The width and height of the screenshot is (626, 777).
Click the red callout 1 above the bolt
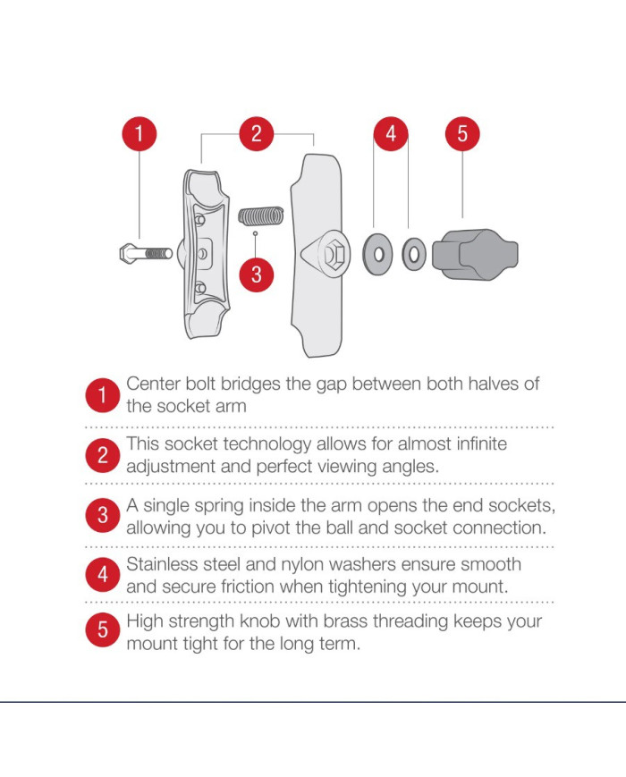(140, 134)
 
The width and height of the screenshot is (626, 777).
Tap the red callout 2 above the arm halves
(257, 134)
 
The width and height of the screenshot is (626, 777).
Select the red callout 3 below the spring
(257, 274)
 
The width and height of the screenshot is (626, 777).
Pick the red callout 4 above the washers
(391, 134)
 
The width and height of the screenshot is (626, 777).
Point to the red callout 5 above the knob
(462, 134)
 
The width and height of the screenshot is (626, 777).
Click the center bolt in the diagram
(146, 254)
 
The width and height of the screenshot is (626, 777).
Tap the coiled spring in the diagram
(261, 215)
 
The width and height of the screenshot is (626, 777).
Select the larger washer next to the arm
(377, 254)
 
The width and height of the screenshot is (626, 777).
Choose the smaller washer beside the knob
(414, 255)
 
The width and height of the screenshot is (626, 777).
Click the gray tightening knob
(475, 255)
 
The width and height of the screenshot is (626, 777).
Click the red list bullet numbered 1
(102, 395)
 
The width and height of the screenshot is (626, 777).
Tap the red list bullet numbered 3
(102, 515)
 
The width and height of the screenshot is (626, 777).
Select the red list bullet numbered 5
(102, 629)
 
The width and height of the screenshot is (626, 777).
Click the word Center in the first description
(153, 384)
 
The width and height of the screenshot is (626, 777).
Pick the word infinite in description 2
(481, 443)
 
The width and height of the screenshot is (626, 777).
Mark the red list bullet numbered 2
(102, 455)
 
